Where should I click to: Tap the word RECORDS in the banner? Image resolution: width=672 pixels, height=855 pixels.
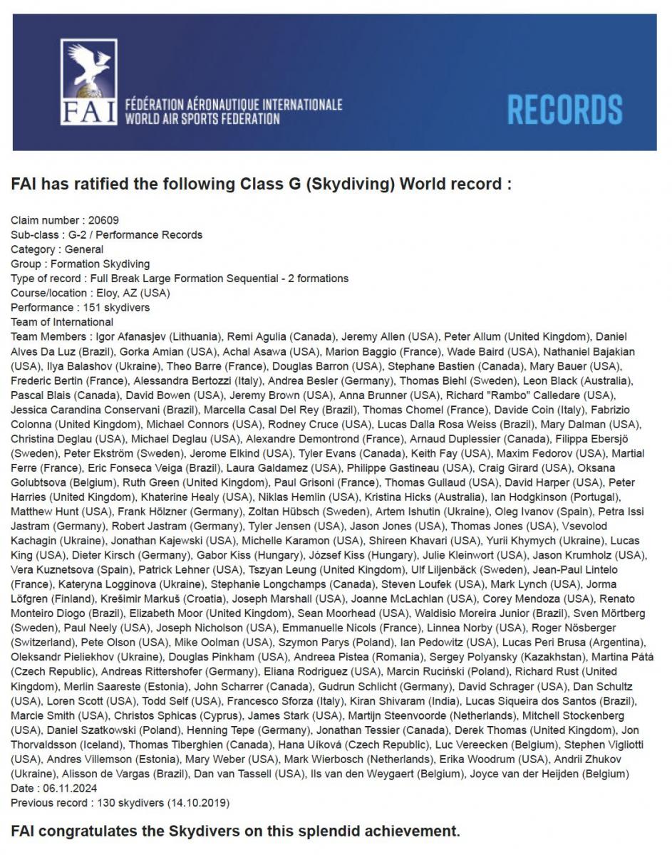coord(564,109)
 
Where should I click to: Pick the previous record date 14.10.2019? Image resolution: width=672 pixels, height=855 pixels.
coord(197,802)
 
